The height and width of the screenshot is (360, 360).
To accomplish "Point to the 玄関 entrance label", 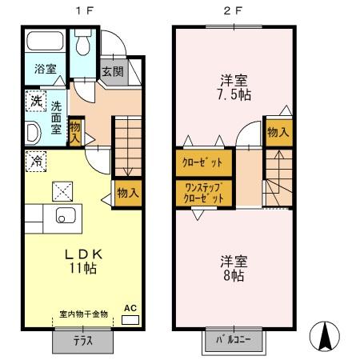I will [112, 71].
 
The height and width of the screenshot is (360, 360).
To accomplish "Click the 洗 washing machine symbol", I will [35, 102].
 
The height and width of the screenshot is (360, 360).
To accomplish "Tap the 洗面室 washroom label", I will [58, 117].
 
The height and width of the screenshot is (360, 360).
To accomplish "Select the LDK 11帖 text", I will [80, 261].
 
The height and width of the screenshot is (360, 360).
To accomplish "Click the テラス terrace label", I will [83, 339].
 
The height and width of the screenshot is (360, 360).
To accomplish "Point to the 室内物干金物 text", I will [82, 314].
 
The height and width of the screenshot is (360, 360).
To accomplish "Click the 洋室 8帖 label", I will [234, 267].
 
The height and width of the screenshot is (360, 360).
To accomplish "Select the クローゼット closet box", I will [205, 162].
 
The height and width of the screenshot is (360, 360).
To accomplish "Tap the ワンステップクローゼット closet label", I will [205, 192].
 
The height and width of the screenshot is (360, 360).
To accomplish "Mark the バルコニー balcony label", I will [232, 339].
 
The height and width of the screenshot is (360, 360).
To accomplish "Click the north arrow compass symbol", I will [325, 337].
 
